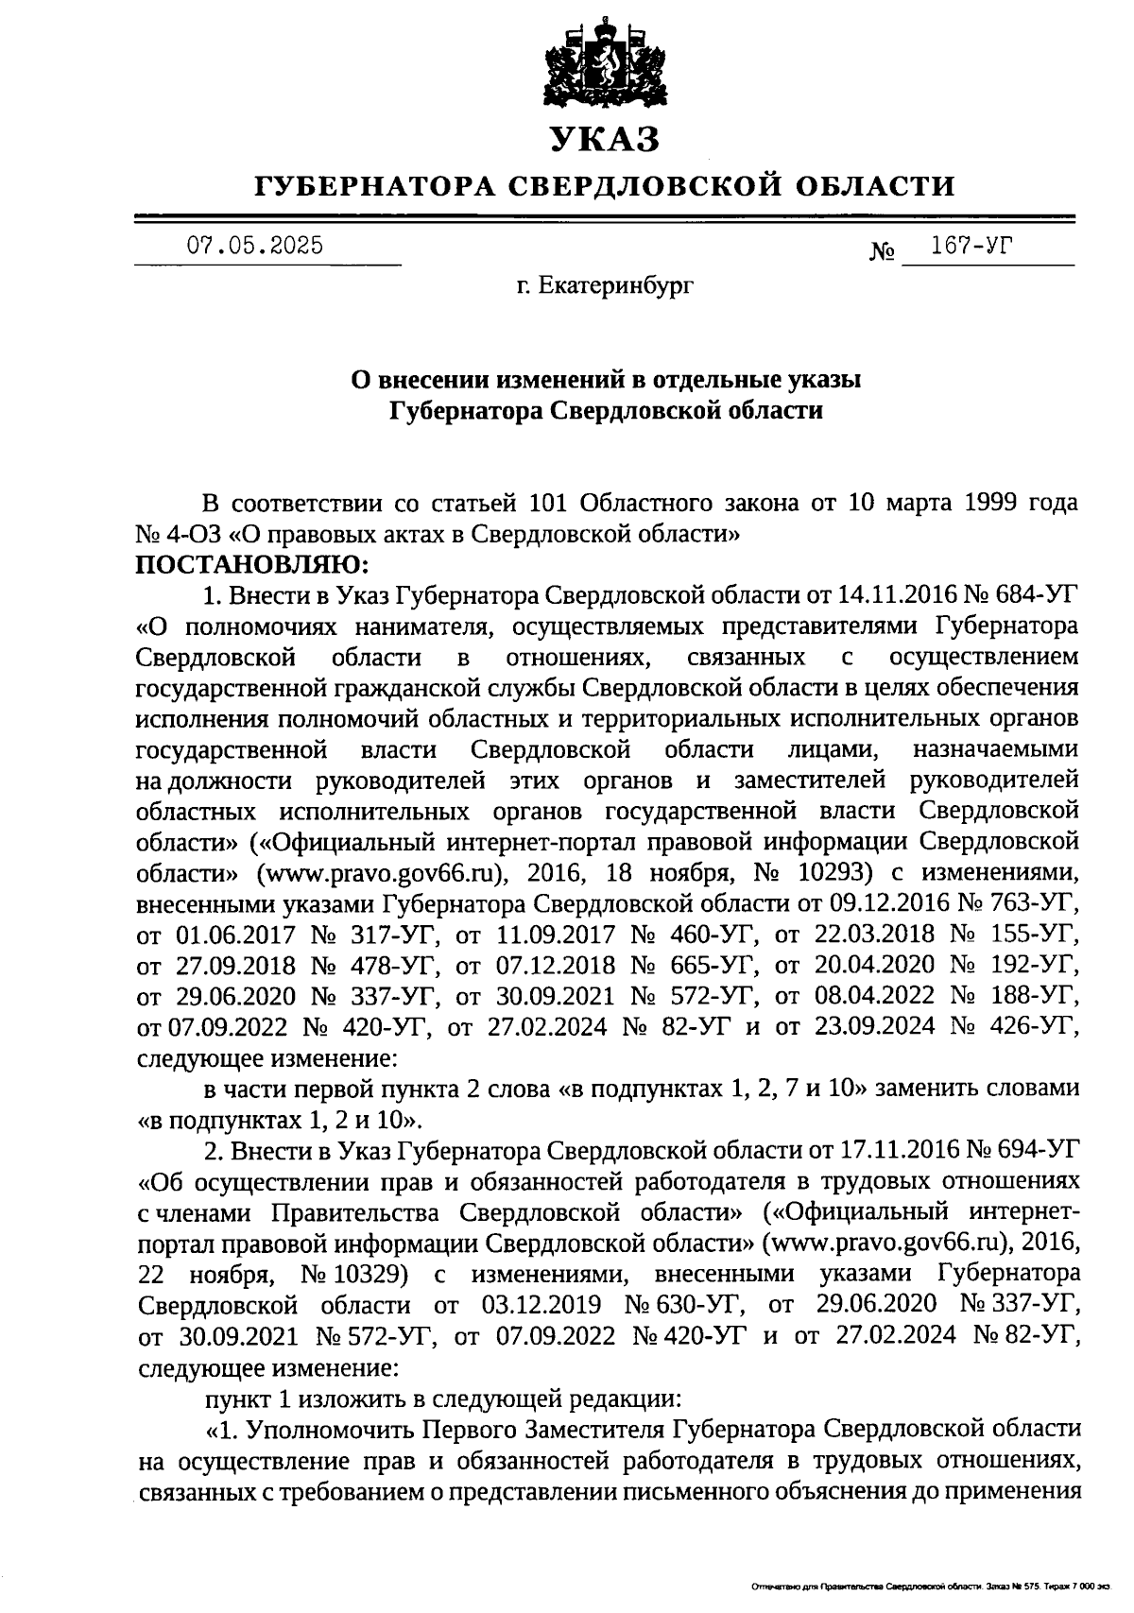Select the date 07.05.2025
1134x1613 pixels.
click(254, 246)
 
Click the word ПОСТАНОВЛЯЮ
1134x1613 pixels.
click(251, 564)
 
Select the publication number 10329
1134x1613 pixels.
click(369, 1274)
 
